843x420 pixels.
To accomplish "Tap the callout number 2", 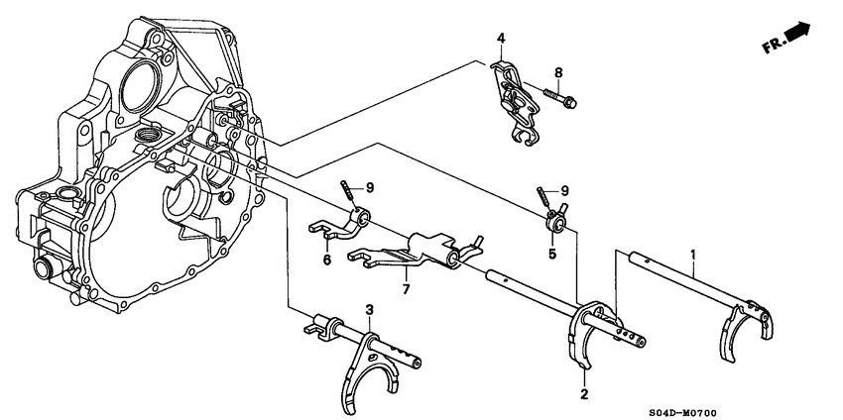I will pyautogui.click(x=584, y=394).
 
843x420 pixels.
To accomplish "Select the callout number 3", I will pyautogui.click(x=369, y=310).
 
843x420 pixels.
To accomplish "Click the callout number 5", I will pyautogui.click(x=552, y=255).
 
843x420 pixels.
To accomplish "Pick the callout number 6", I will pyautogui.click(x=326, y=260).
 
